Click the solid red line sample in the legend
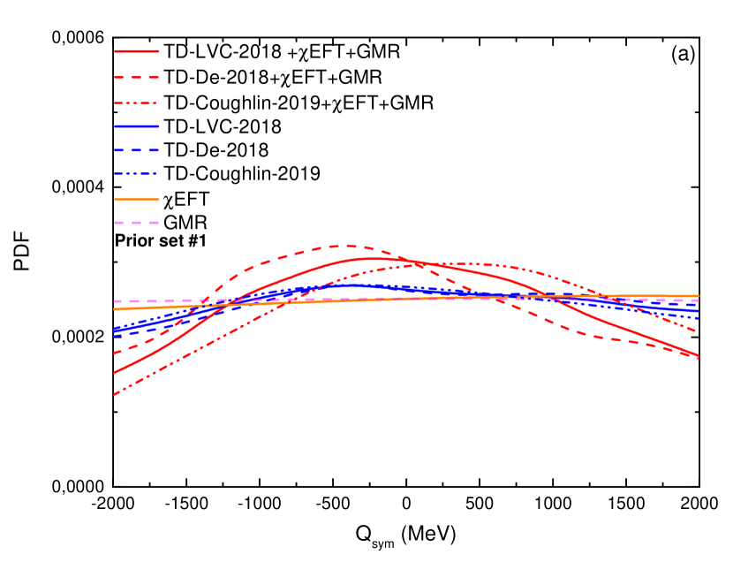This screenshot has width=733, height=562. [x=137, y=51]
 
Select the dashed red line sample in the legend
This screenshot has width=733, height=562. [x=137, y=78]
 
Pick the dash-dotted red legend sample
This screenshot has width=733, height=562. [x=137, y=103]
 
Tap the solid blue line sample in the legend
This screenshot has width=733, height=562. [x=137, y=126]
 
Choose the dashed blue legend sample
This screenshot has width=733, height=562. [x=137, y=150]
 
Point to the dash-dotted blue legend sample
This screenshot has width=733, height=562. [x=137, y=173]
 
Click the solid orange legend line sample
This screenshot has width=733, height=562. [x=137, y=199]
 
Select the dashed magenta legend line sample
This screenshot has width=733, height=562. [x=137, y=223]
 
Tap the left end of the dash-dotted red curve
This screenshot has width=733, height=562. [x=115, y=394]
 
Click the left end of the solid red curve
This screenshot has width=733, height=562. [x=115, y=372]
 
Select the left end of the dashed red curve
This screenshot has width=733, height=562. [x=115, y=353]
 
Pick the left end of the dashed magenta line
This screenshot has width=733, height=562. [x=115, y=301]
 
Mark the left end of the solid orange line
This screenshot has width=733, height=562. [x=115, y=309]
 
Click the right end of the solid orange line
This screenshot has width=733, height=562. [x=698, y=296]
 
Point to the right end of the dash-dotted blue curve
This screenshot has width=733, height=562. [x=698, y=318]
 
